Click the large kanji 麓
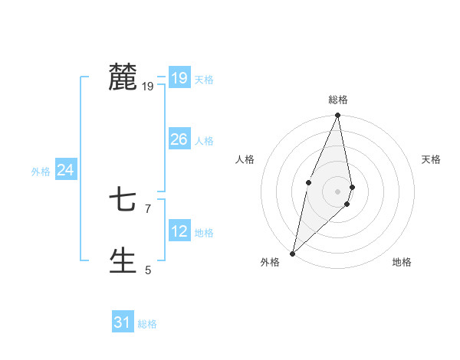[x=123, y=77]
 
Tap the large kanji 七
[x=123, y=201]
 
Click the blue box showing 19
[x=179, y=78]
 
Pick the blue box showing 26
[x=179, y=139]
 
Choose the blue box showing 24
[x=66, y=170]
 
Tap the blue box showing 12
[x=179, y=231]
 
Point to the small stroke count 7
[x=148, y=208]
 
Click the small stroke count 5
[x=148, y=270]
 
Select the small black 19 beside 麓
[x=148, y=86]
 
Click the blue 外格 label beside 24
[x=41, y=172]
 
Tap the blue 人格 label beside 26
[x=204, y=141]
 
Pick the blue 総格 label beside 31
[x=147, y=324]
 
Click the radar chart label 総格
[x=338, y=100]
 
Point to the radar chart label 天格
[x=432, y=159]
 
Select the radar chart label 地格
[x=402, y=262]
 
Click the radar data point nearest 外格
[x=292, y=253]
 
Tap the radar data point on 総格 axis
[x=338, y=116]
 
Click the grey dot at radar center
[x=338, y=191]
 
